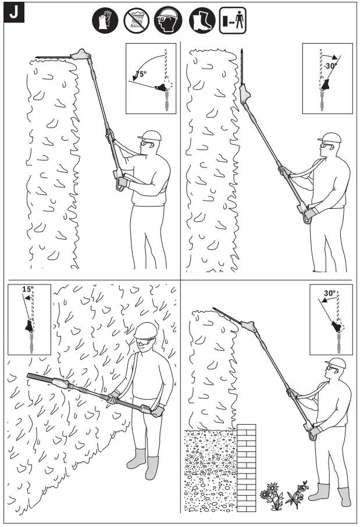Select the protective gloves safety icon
point(105,22)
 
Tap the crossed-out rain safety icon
point(136,22)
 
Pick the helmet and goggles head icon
point(168,22)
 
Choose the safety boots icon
point(201,22)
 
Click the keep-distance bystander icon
point(232,22)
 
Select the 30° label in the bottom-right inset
point(330,294)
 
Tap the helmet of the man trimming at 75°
point(150,136)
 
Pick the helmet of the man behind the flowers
point(336,363)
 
